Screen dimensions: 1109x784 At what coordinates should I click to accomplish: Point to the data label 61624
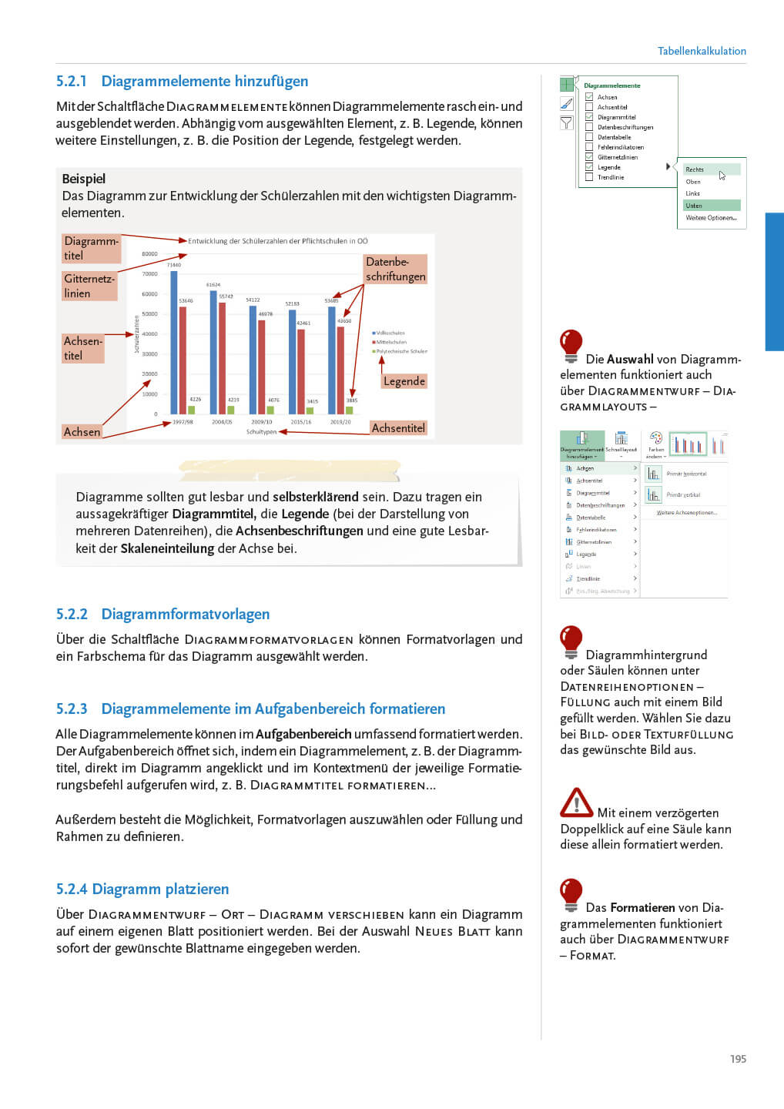tap(213, 285)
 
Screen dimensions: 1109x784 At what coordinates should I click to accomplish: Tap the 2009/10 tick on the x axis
tap(262, 422)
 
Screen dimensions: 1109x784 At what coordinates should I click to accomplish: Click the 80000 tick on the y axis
tap(149, 254)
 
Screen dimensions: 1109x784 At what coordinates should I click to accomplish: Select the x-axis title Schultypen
tap(261, 432)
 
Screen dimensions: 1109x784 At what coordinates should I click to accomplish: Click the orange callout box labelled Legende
tap(404, 381)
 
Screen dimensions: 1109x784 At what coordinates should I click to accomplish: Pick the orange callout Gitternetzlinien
tap(89, 286)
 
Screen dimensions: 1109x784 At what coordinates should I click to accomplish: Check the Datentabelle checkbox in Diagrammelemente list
tap(589, 137)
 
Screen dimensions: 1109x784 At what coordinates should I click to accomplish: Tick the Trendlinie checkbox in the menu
tap(589, 177)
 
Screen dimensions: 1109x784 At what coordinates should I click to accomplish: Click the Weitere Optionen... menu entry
tap(711, 218)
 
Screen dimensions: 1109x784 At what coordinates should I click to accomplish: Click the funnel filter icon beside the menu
tap(567, 122)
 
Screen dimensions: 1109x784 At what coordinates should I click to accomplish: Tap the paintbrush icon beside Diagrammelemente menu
tap(567, 103)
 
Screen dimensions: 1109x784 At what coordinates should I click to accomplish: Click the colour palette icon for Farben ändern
tap(656, 439)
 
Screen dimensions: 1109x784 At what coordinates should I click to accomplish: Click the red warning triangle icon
tap(576, 802)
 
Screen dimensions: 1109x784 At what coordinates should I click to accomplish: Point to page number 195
tap(738, 1059)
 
